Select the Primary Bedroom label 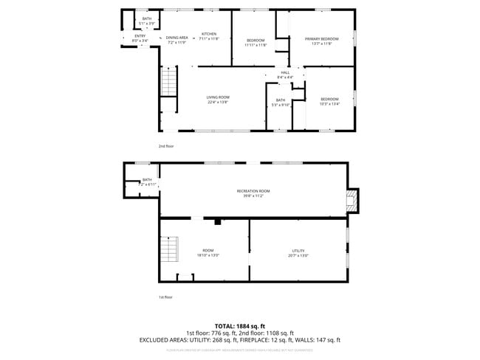(322, 38)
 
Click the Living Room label (218, 97)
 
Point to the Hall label (285, 72)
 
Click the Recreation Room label (253, 191)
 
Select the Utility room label (298, 251)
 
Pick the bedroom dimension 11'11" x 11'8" (256, 44)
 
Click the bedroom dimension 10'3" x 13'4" (329, 104)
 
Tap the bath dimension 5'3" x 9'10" (281, 105)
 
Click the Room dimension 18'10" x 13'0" (208, 255)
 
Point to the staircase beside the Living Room (170, 81)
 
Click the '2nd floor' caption (166, 146)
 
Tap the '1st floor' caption (165, 297)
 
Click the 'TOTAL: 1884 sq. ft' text (240, 325)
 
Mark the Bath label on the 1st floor (147, 179)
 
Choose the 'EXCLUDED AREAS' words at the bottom (162, 340)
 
